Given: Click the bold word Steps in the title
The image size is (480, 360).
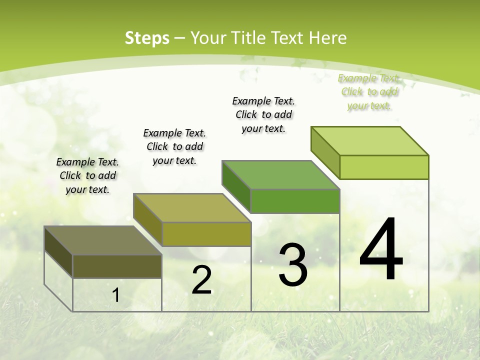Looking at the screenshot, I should click(x=146, y=38).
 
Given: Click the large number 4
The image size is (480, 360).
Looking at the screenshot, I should click(x=381, y=250).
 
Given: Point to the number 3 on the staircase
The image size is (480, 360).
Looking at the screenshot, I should click(x=293, y=265).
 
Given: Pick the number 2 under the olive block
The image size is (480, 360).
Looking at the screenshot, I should click(x=201, y=280).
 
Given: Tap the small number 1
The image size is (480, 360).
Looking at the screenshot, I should click(x=116, y=295).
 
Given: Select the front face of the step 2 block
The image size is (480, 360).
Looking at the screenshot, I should click(x=206, y=234).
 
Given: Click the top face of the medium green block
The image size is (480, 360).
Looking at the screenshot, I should click(x=280, y=175).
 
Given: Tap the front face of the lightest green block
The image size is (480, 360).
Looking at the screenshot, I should click(x=384, y=167).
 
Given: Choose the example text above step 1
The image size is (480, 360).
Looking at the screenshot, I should click(x=87, y=175).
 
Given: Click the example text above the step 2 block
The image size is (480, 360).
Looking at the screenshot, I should click(x=174, y=146).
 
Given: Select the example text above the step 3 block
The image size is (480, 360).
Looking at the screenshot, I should click(x=263, y=114).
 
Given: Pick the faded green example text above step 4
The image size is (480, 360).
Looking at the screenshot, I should click(x=369, y=91).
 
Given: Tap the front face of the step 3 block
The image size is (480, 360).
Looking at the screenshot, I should click(x=295, y=201).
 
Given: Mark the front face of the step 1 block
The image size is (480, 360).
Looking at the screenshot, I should click(x=117, y=266).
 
